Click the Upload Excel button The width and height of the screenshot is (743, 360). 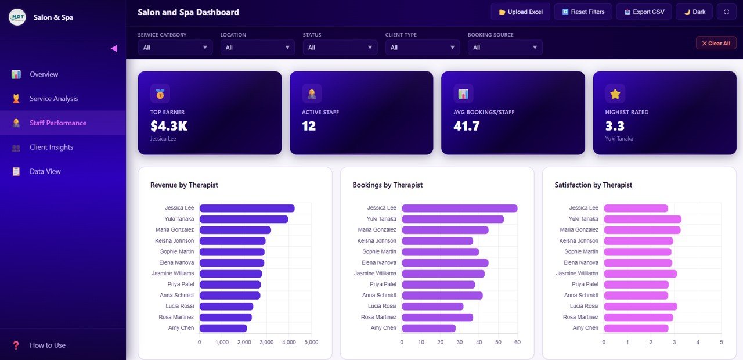coord(520,12)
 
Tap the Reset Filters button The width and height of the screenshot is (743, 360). coord(583,12)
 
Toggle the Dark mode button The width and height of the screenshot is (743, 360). coord(694,12)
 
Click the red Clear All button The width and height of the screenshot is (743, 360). coord(716,43)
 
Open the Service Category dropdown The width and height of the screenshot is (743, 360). coord(175,48)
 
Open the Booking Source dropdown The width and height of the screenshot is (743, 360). coord(505,48)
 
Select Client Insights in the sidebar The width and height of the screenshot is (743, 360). coord(51,147)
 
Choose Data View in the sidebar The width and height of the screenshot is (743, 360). coord(45,172)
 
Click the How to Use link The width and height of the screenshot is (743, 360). coord(47,345)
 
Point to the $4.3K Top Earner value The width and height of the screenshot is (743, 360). coord(168,126)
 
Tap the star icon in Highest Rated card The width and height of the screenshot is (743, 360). coord(615,93)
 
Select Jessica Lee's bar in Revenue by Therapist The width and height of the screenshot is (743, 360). coord(247,208)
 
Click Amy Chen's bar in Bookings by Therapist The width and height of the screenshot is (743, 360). coord(428,328)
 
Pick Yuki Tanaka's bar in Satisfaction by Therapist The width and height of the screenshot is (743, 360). coord(642,219)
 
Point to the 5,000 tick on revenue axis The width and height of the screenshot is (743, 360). coord(311,343)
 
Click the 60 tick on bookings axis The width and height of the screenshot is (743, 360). coord(517,343)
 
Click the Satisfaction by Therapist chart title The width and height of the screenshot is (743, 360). coord(593,185)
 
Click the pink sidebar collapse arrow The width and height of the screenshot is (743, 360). coord(114,49)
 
